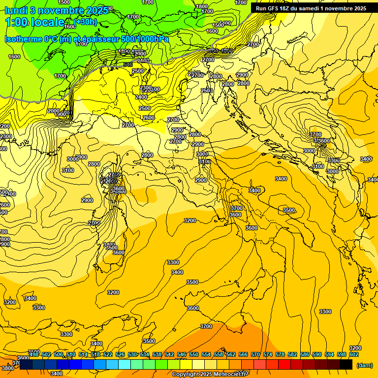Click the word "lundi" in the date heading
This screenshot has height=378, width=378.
point(15,10)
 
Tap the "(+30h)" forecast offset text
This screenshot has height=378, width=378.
point(86,22)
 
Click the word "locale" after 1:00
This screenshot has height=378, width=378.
point(48,22)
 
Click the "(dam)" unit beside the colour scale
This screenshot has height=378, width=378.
point(365,365)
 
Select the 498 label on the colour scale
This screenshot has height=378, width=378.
point(34,354)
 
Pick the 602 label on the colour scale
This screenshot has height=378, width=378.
point(354,354)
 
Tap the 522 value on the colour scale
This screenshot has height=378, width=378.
point(108,354)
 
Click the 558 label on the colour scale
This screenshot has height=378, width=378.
point(219,354)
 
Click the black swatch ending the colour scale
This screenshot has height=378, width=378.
point(346,365)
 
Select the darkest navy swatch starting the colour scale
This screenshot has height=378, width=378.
point(26,365)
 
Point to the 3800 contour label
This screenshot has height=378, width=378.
point(7,368)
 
